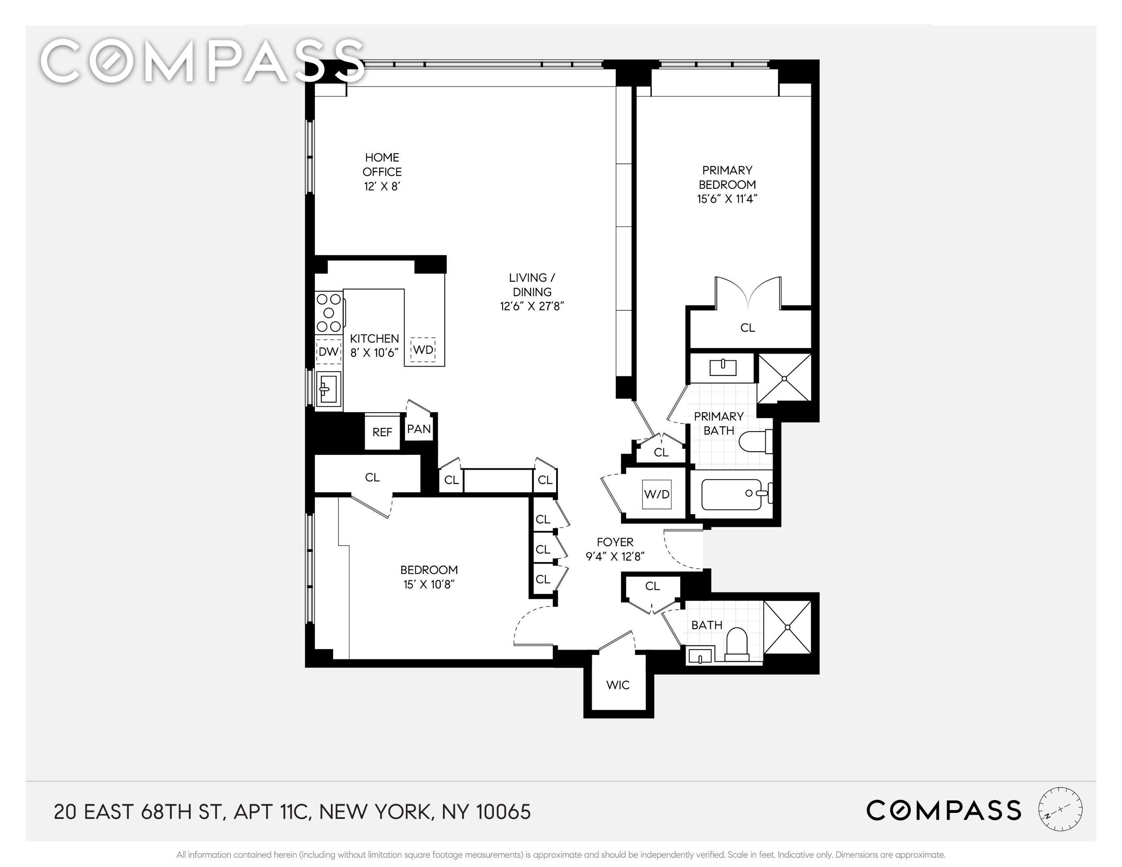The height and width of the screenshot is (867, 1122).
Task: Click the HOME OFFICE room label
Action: (x=382, y=164)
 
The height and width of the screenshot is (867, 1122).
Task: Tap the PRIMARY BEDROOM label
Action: (x=727, y=177)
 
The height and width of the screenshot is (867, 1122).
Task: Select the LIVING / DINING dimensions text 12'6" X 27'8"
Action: (x=532, y=307)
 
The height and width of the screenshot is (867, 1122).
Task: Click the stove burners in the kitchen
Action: (x=329, y=312)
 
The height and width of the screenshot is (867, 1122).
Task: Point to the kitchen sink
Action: (x=328, y=388)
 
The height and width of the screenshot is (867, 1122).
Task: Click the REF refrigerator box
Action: (x=382, y=432)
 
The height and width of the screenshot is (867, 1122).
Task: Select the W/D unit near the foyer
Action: (x=657, y=494)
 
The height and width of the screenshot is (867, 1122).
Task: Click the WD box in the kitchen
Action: (x=423, y=350)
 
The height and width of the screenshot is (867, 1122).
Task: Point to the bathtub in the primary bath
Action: (x=732, y=494)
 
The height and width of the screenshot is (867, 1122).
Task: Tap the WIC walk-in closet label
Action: (x=618, y=685)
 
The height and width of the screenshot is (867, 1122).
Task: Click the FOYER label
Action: (x=615, y=542)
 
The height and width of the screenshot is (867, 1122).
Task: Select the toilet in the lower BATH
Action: (x=737, y=643)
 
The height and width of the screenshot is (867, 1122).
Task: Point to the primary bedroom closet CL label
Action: (x=747, y=328)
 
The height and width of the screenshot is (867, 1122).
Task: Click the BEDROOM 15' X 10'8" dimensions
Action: (x=429, y=584)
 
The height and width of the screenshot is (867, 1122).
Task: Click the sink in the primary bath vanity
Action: (x=722, y=368)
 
